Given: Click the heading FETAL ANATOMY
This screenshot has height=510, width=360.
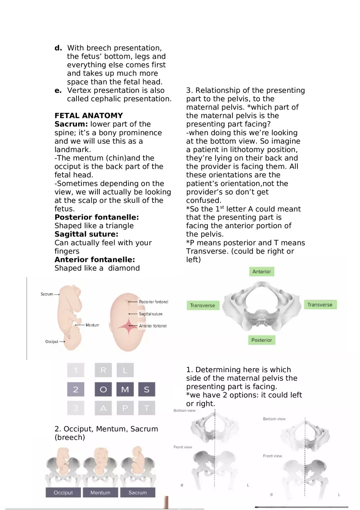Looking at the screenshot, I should pyautogui.click(x=88, y=116).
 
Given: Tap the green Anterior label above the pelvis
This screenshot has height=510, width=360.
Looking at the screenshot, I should pyautogui.click(x=261, y=272).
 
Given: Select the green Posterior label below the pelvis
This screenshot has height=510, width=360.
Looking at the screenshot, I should pyautogui.click(x=261, y=340).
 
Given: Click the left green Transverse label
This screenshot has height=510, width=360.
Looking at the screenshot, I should pyautogui.click(x=202, y=306).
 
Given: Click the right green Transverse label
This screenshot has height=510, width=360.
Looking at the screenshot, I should pyautogui.click(x=320, y=305).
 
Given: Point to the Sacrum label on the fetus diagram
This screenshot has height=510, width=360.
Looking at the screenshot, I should pyautogui.click(x=47, y=294).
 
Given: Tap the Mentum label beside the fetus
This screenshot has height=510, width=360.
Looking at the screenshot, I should pyautogui.click(x=92, y=325).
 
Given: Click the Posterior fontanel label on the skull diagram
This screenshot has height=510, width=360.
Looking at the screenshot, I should pyautogui.click(x=153, y=302).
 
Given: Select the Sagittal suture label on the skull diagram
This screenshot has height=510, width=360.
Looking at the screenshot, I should pyautogui.click(x=151, y=314).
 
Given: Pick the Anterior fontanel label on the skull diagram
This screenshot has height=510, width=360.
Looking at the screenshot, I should pyautogui.click(x=153, y=326).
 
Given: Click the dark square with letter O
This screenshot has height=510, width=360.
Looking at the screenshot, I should pyautogui.click(x=103, y=390).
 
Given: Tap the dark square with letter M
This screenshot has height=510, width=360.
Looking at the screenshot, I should pyautogui.click(x=125, y=390).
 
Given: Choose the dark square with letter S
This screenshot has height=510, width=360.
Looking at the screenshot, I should pyautogui.click(x=146, y=390).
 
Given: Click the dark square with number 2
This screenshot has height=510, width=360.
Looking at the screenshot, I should pyautogui.click(x=76, y=390).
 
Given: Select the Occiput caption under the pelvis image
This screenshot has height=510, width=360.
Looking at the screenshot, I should pyautogui.click(x=63, y=492).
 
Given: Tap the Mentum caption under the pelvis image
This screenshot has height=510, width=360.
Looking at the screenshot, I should pyautogui.click(x=100, y=492).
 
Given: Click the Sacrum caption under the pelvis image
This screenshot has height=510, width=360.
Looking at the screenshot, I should pyautogui.click(x=137, y=492).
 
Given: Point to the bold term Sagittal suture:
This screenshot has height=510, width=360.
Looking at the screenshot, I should pyautogui.click(x=86, y=234).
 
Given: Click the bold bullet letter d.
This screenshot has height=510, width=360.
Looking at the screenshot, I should pyautogui.click(x=58, y=48).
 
